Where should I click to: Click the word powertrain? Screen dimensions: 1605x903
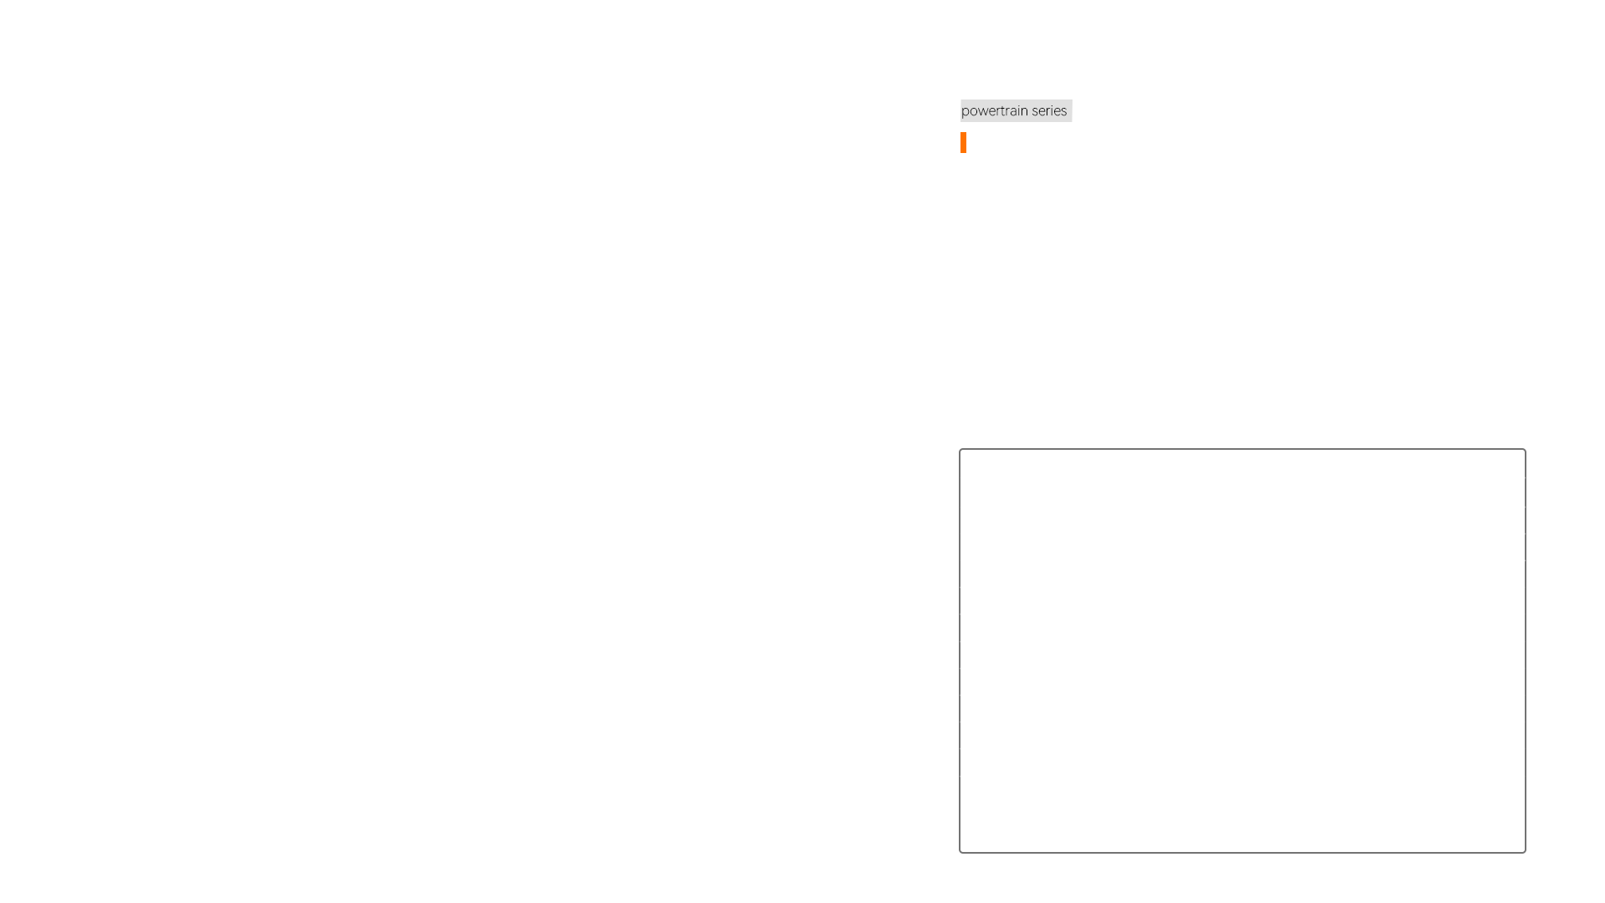[x=995, y=111]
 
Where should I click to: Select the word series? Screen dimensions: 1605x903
[x=1049, y=110]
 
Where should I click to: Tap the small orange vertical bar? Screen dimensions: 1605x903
[x=963, y=142]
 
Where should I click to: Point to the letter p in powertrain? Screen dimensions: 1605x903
[x=966, y=112]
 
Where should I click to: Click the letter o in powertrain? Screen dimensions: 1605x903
[x=974, y=111]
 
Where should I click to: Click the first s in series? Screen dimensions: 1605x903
[x=1035, y=111]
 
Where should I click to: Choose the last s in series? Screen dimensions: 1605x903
[x=1064, y=111]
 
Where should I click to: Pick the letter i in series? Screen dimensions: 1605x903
[x=1053, y=110]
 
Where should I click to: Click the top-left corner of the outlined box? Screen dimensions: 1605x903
[x=960, y=449]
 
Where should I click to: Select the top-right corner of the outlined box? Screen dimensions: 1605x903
[x=1526, y=449]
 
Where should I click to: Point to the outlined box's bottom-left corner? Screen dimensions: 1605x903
[x=960, y=853]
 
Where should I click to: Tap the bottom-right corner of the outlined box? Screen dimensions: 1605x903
[x=1526, y=853]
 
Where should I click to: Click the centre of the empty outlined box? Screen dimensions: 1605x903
[x=1242, y=650]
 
